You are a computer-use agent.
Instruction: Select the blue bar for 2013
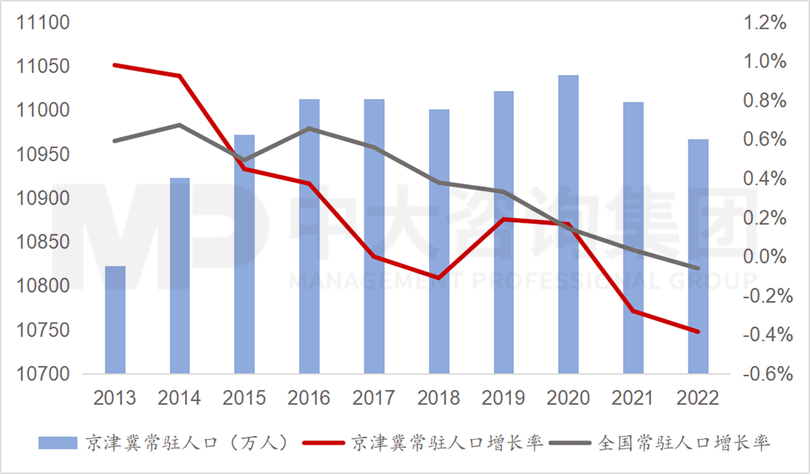pos(115,320)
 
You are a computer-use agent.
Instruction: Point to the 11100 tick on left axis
pos(43,22)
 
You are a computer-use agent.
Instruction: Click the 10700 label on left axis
pos(43,374)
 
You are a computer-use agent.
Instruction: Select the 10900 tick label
pos(43,198)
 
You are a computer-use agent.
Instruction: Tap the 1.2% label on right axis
pos(765,22)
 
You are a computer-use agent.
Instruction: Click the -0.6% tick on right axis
pos(767,374)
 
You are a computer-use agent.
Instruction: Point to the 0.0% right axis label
pos(765,257)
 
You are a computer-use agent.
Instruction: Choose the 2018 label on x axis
pos(439,398)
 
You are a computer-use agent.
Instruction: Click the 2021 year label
pos(632,398)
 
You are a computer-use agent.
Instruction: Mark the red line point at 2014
pos(179,76)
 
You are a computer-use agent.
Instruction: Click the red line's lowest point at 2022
pos(698,332)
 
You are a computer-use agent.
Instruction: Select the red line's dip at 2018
pos(439,278)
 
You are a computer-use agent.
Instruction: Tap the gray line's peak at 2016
pos(309,128)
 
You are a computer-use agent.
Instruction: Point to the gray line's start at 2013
pos(115,140)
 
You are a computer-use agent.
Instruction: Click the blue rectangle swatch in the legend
pos(58,443)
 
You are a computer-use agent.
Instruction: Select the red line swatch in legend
pos(323,443)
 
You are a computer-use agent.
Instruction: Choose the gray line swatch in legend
pos(570,443)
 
